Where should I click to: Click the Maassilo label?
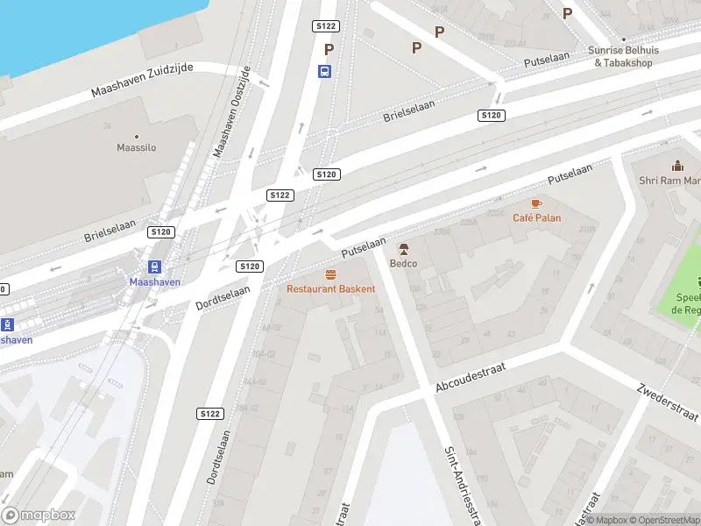(137, 147)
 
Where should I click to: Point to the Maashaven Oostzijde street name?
(232, 111)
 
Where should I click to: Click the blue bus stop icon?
(325, 72)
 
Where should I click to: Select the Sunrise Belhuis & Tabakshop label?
(624, 57)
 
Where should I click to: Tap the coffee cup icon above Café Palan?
(537, 203)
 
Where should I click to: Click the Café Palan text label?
(537, 217)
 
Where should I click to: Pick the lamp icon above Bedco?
(404, 249)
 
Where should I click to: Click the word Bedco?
(404, 263)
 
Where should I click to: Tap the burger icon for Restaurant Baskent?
(331, 274)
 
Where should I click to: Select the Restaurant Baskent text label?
(331, 288)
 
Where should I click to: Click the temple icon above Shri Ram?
(676, 166)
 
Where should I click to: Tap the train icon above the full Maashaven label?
(154, 267)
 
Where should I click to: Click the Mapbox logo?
(39, 515)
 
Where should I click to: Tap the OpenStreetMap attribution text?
(662, 520)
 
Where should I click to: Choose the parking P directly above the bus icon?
(329, 50)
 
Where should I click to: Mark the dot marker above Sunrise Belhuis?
(623, 39)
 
